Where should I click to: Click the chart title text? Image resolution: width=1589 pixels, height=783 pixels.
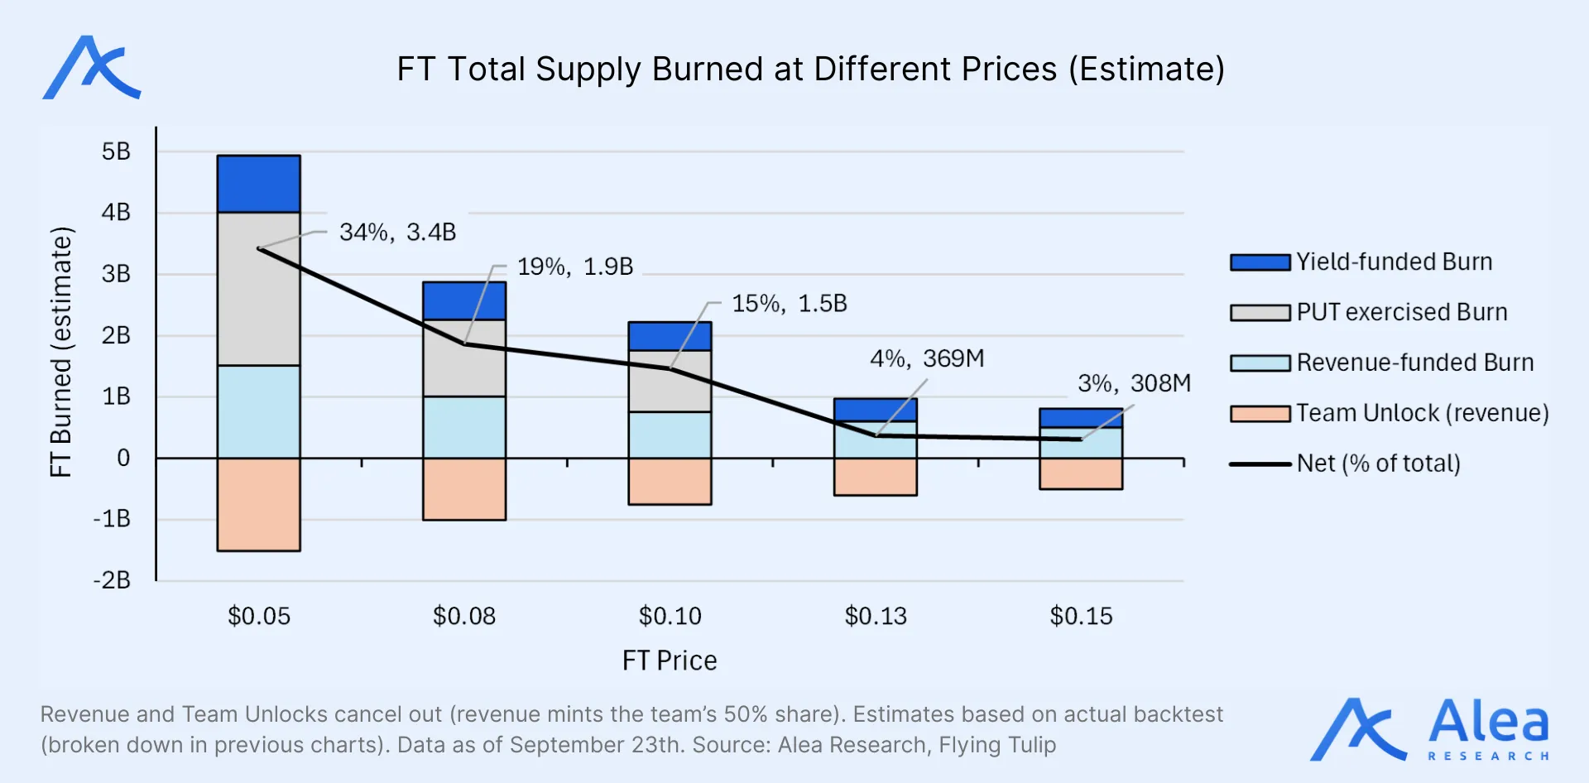(810, 70)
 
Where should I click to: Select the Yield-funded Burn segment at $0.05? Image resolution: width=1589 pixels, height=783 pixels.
(258, 184)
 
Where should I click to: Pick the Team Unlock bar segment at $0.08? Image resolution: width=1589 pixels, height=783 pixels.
(464, 489)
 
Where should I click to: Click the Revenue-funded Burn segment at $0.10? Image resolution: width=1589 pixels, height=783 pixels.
(670, 435)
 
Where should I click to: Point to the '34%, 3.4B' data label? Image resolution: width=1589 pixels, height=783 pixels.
(397, 233)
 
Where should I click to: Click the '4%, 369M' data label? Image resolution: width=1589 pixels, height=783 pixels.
(927, 359)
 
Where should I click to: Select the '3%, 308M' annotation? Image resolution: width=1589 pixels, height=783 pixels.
(1134, 384)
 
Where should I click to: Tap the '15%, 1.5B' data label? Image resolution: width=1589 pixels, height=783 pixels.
(790, 304)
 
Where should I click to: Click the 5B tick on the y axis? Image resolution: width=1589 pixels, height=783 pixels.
(116, 151)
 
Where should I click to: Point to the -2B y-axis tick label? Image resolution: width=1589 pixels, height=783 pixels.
(113, 580)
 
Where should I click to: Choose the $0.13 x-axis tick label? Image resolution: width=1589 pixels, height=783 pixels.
(876, 617)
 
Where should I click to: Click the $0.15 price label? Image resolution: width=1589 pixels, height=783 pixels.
(1081, 617)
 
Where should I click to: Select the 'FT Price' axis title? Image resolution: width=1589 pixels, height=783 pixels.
(670, 661)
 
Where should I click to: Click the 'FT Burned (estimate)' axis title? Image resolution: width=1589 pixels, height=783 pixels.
(61, 352)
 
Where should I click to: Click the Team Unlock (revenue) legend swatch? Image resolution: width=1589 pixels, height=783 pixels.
(1260, 414)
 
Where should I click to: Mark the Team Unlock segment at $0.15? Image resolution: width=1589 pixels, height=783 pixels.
(1081, 473)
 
